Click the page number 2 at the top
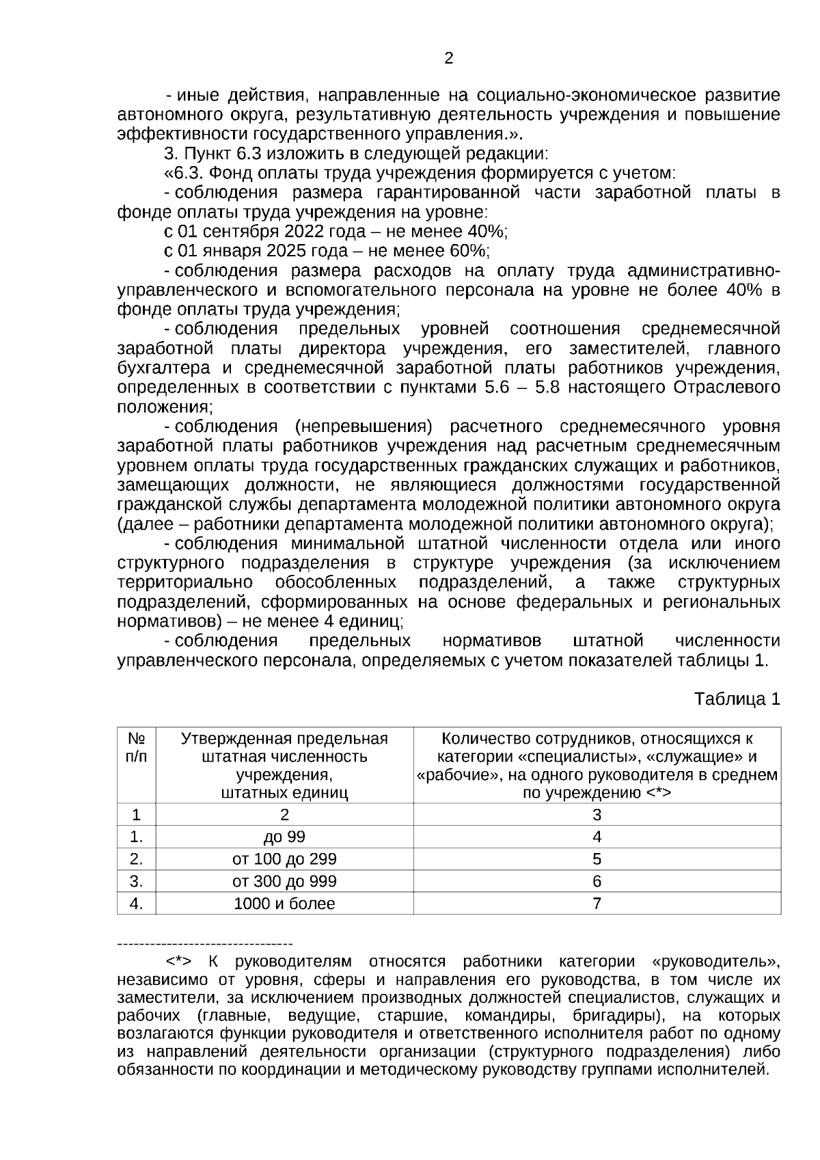(x=448, y=59)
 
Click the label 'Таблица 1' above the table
(x=737, y=699)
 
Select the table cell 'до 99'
(x=284, y=837)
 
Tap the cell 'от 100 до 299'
(x=284, y=859)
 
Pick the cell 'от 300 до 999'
(x=284, y=881)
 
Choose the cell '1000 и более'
(x=284, y=904)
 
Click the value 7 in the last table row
(x=597, y=904)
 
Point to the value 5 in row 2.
(x=597, y=859)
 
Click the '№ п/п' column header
(x=137, y=748)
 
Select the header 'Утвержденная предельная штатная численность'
(x=284, y=748)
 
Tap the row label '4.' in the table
(x=137, y=904)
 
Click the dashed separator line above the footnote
(x=205, y=944)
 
